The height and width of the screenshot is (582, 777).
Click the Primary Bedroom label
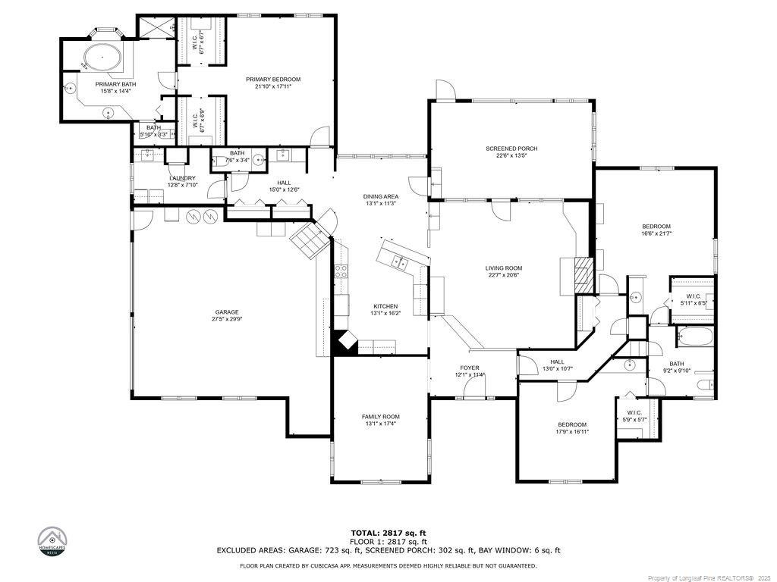[x=273, y=79]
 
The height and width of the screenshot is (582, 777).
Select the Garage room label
[x=226, y=311]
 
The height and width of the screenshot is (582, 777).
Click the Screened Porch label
[x=511, y=149]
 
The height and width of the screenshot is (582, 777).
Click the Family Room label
[x=380, y=417]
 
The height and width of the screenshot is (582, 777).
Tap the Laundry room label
[x=182, y=178]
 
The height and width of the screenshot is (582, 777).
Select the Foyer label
[x=469, y=368]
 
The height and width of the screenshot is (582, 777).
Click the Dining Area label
[x=380, y=196]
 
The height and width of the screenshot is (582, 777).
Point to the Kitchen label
[x=385, y=306]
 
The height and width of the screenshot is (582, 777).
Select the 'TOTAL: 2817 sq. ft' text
[x=388, y=533]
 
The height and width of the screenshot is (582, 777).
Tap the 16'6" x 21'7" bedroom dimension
[x=656, y=234]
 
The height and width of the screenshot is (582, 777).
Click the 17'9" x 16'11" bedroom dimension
[x=571, y=432]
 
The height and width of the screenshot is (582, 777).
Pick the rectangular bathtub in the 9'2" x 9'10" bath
[x=694, y=336]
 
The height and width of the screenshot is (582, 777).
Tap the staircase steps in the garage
[x=310, y=240]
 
